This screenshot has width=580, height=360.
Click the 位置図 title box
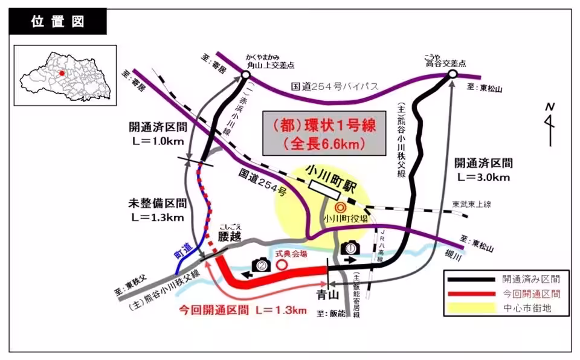tap(58, 22)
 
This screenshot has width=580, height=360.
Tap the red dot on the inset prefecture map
tap(62, 73)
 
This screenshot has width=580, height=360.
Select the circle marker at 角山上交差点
tap(245, 74)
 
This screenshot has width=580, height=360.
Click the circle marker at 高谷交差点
tap(452, 74)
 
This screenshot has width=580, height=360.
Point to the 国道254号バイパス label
tap(335, 88)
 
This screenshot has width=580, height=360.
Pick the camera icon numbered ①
tap(350, 248)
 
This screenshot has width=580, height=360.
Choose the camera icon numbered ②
tap(260, 264)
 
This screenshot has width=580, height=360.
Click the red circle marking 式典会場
tap(280, 265)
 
